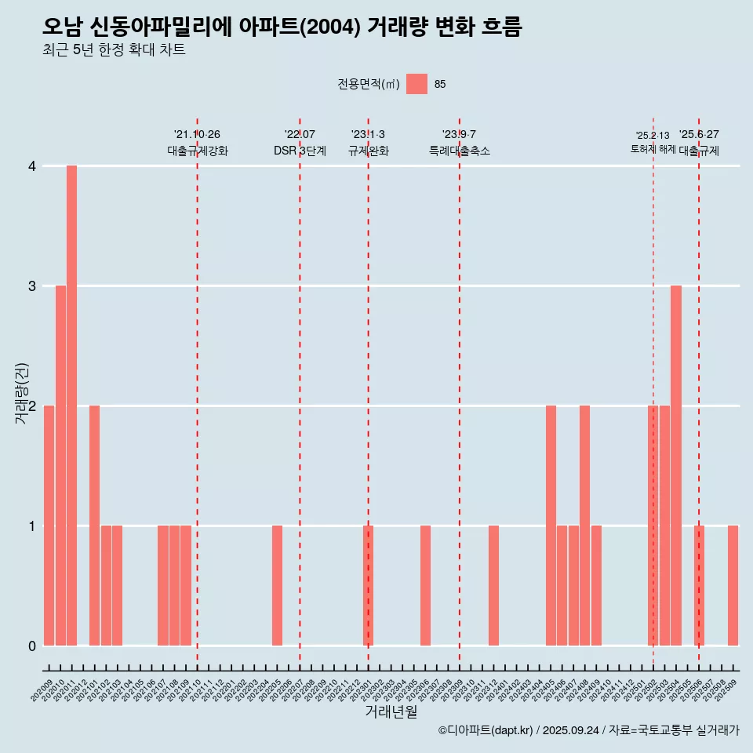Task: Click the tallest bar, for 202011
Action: tap(71, 406)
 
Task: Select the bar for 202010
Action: tap(60, 465)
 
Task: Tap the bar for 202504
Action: tap(676, 465)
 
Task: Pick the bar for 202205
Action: tap(277, 585)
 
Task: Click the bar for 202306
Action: tap(425, 585)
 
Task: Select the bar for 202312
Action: tap(493, 585)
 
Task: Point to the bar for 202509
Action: tap(733, 585)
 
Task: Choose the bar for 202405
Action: tap(551, 526)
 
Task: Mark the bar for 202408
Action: tap(584, 526)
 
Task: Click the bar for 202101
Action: tap(94, 526)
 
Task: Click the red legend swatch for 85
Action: tap(417, 84)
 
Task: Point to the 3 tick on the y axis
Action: tap(32, 286)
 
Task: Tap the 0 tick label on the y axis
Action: tap(32, 646)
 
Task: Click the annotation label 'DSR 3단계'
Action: tap(300, 151)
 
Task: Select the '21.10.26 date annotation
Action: tap(197, 134)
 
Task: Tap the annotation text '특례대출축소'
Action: tap(460, 151)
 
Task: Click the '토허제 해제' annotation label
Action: tap(653, 148)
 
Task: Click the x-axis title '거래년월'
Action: tap(391, 711)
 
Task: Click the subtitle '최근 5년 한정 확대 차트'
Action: tap(115, 50)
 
